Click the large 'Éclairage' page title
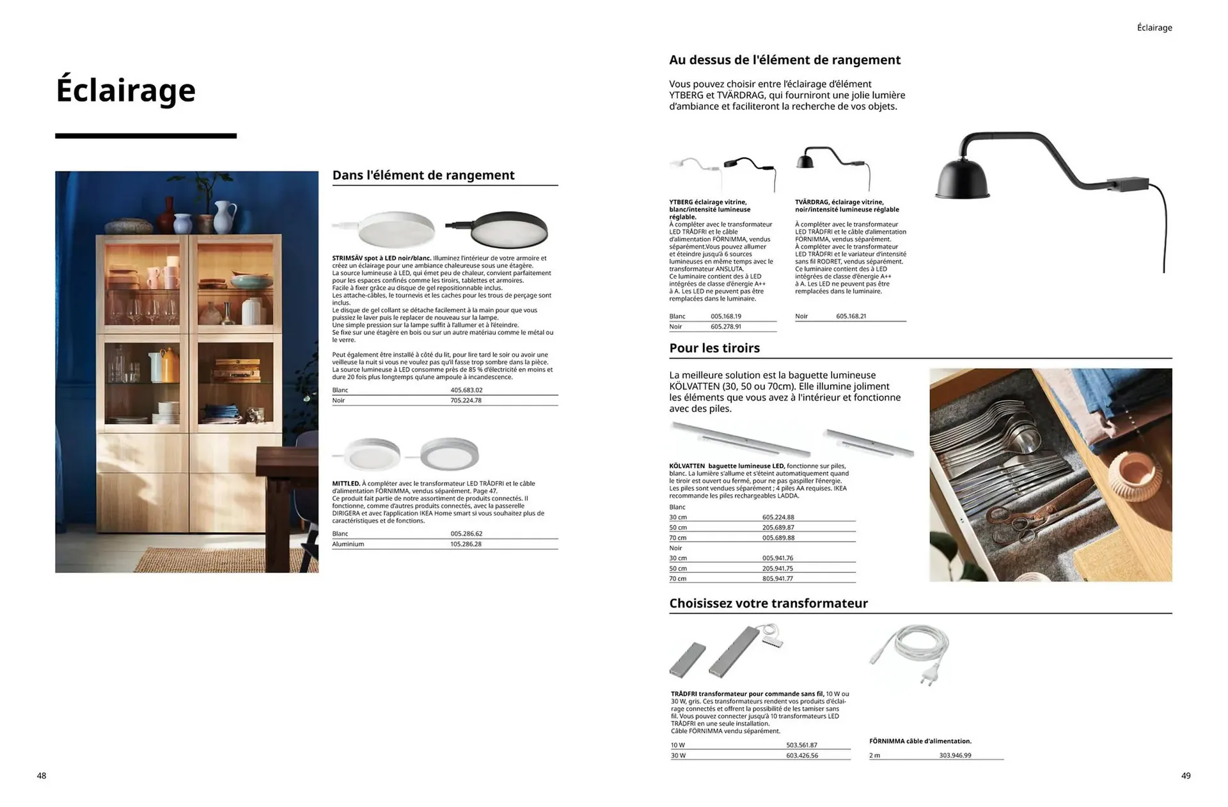[x=125, y=90]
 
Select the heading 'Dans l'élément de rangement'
[x=423, y=175]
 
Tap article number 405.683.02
[x=466, y=390]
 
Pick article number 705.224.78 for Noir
[x=466, y=400]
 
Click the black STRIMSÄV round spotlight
[x=508, y=228]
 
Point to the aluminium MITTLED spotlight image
[x=450, y=453]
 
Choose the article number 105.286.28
[x=466, y=544]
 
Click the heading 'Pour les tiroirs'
[x=714, y=349]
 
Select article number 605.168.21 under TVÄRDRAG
[x=851, y=317]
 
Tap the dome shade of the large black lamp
[x=963, y=176]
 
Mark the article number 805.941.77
[x=777, y=579]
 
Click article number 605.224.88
[x=778, y=517]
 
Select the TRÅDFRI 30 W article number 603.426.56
[x=802, y=756]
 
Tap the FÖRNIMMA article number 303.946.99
[x=955, y=756]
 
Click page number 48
[x=42, y=776]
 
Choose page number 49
[x=1186, y=776]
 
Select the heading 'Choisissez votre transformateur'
[x=768, y=604]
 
